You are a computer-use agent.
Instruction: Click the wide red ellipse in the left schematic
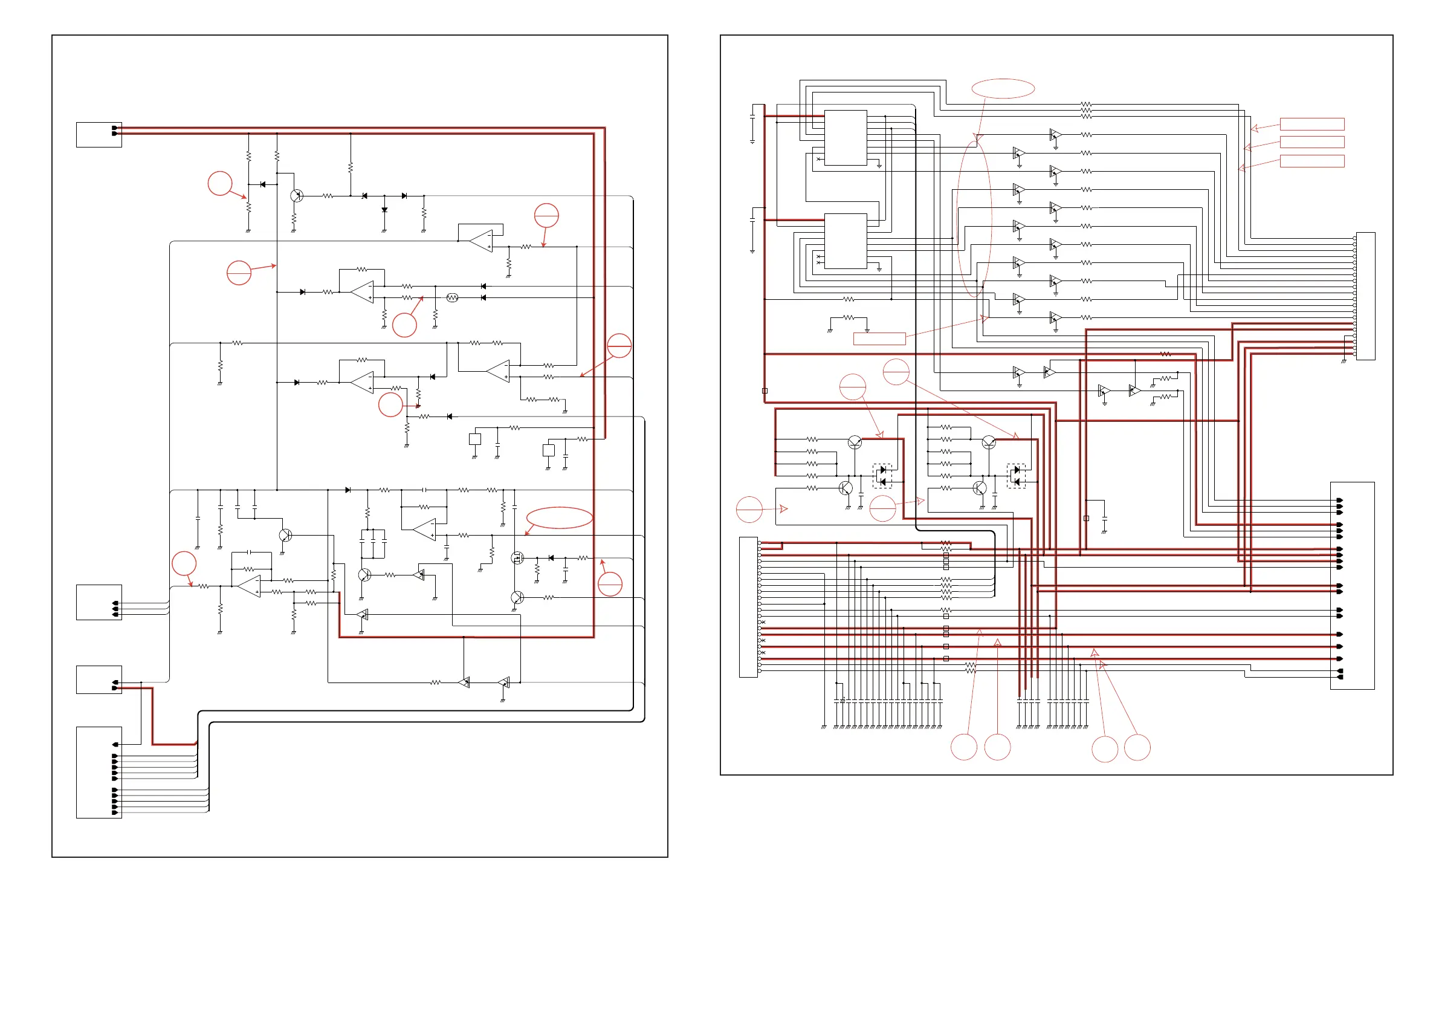tap(559, 518)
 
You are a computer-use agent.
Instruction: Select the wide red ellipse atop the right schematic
tap(1003, 88)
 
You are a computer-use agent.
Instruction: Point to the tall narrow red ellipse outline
tap(974, 219)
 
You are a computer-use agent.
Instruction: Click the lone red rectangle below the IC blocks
tap(879, 339)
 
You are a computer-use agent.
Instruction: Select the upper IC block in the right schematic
tap(846, 138)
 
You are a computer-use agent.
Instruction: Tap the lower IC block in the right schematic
tap(846, 241)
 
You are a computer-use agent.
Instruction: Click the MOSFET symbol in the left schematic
tap(517, 557)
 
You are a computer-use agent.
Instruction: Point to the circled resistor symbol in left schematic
tap(453, 298)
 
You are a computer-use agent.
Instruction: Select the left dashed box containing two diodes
tap(882, 476)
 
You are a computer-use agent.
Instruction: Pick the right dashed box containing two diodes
tap(1016, 476)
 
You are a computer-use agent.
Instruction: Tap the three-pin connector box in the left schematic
tap(99, 603)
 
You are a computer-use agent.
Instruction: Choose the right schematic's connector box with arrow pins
tap(1353, 586)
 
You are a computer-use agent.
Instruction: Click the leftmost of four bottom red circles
tap(964, 747)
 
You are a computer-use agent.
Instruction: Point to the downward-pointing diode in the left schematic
tap(384, 210)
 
